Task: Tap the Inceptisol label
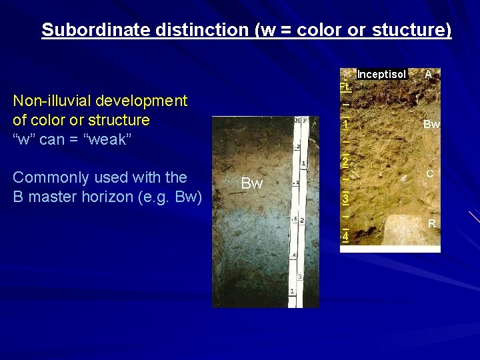pyautogui.click(x=381, y=75)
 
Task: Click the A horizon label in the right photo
pyautogui.click(x=428, y=75)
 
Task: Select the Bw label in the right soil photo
pyautogui.click(x=431, y=125)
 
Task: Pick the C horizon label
pyautogui.click(x=430, y=173)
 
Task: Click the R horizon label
pyautogui.click(x=431, y=224)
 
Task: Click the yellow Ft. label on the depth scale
pyautogui.click(x=345, y=87)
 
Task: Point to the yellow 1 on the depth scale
pyautogui.click(x=345, y=125)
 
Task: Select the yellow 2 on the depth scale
pyautogui.click(x=345, y=162)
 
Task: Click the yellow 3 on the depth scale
pyautogui.click(x=345, y=199)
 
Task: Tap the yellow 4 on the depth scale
pyautogui.click(x=345, y=237)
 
